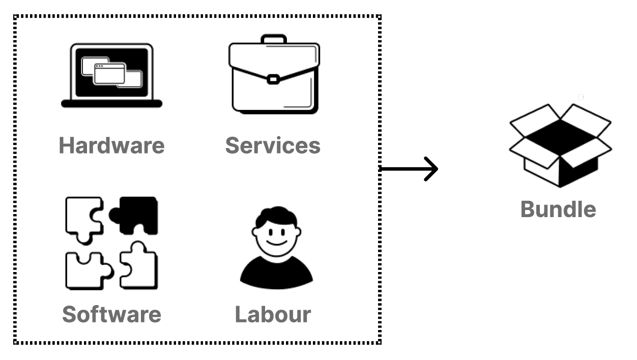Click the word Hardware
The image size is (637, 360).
[111, 145]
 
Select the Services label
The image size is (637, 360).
[273, 145]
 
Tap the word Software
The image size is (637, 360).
[111, 314]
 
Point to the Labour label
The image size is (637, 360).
[273, 314]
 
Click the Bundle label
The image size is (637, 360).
[558, 209]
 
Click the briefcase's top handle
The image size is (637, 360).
[274, 39]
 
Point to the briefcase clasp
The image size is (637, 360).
[273, 79]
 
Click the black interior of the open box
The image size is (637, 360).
[560, 136]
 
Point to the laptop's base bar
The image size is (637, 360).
[111, 104]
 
